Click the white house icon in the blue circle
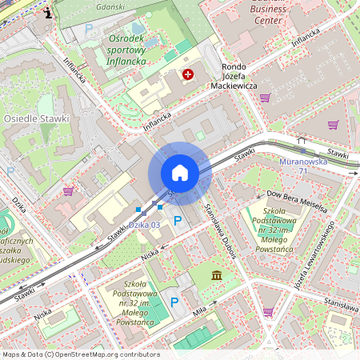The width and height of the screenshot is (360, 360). pos(180,173)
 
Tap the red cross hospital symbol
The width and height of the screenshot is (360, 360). pos(188,74)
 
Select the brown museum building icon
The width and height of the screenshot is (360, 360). pos(217,276)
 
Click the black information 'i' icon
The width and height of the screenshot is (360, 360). pos(50,12)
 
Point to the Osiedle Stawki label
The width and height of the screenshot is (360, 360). pos(37,118)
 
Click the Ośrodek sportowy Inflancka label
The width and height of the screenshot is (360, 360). pos(126,49)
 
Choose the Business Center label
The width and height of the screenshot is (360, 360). pos(268,14)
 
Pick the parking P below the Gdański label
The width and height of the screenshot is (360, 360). pos(90,29)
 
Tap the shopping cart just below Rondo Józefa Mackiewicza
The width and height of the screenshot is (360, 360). pos(265,98)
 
